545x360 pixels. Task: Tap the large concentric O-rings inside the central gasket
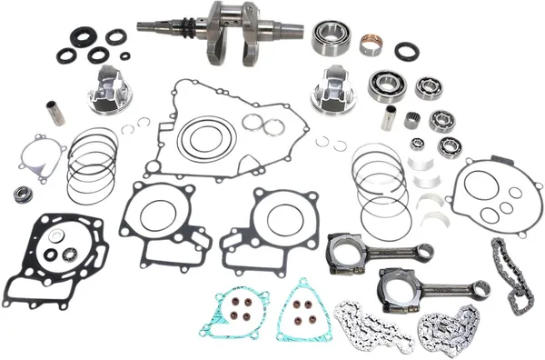pos(206,139)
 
